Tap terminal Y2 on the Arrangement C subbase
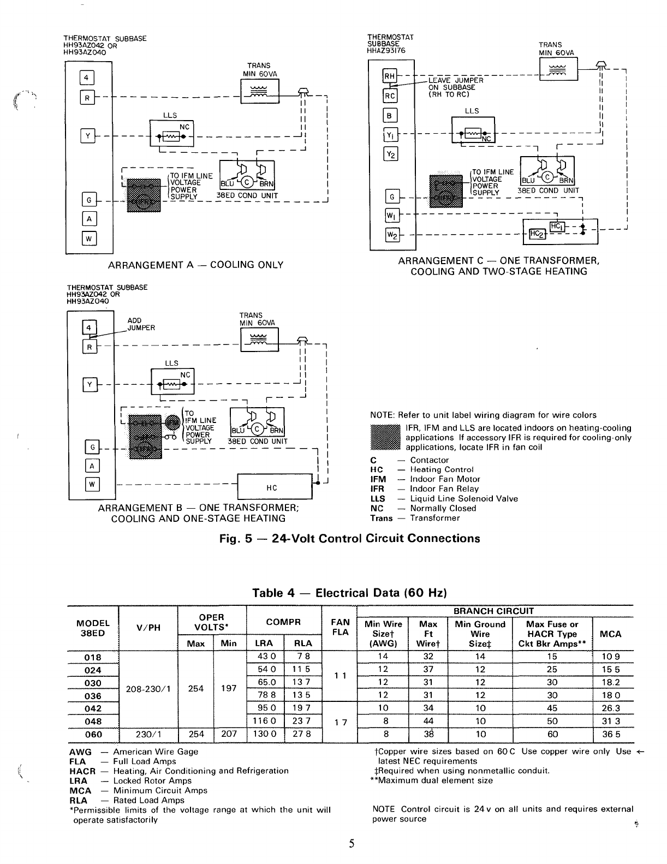click(391, 154)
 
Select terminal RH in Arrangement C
click(390, 77)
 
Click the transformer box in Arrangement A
click(259, 91)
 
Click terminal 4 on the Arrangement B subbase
click(88, 327)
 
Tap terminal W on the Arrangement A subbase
click(89, 238)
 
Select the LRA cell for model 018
click(266, 657)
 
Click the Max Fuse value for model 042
click(552, 708)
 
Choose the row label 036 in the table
click(93, 695)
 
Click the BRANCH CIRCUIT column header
click(494, 611)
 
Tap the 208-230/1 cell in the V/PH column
click(148, 688)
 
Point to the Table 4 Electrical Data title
click(349, 593)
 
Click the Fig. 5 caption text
click(349, 539)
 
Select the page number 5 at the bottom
click(352, 843)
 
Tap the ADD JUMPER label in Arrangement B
click(141, 324)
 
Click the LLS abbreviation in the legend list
click(377, 498)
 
